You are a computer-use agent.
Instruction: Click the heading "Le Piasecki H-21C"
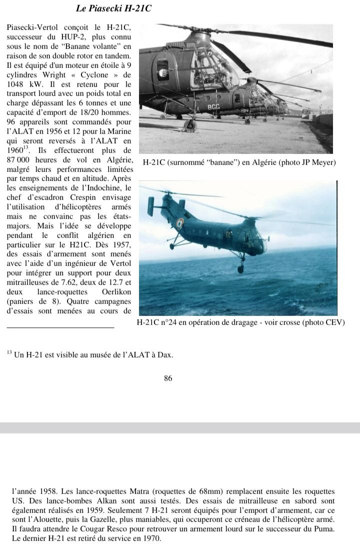point(113,8)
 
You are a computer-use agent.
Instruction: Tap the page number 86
point(168,378)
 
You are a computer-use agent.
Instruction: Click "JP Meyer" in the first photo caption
point(318,162)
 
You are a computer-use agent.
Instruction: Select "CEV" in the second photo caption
point(333,322)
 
